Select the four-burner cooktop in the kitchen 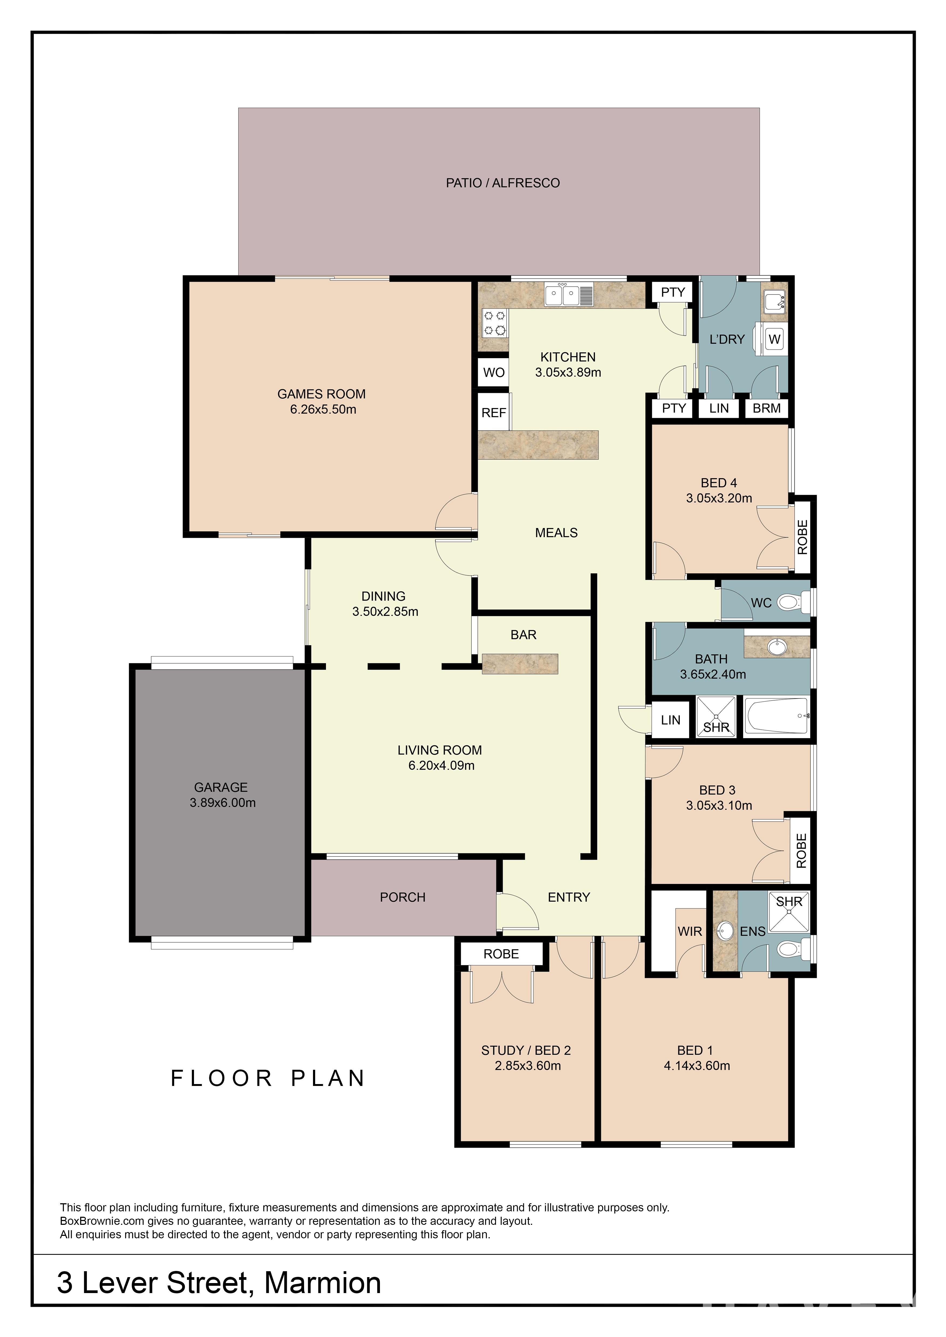[495, 323]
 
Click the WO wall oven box [494, 373]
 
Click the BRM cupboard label [767, 408]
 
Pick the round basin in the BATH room [776, 647]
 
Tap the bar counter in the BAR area [520, 664]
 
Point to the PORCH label [403, 897]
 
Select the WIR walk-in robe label [690, 932]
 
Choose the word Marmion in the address [323, 1282]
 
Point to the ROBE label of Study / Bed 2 [501, 954]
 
